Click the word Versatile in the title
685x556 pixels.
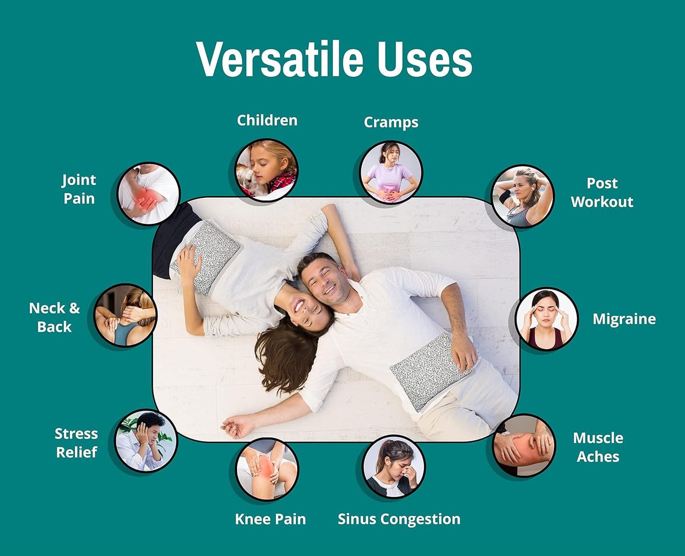point(280,59)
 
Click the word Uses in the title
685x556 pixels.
point(425,59)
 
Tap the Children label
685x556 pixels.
point(267,120)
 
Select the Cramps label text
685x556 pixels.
point(391,122)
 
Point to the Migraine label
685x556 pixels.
point(624,319)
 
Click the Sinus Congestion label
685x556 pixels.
point(399,519)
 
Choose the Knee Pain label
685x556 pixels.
point(270,519)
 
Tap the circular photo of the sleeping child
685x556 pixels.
point(267,170)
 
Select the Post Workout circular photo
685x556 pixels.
point(522,196)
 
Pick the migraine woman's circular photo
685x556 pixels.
point(547,319)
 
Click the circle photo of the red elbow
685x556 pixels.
point(148,194)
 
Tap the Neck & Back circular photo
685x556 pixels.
point(125,315)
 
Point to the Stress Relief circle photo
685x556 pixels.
point(146,441)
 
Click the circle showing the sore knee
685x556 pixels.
point(267,469)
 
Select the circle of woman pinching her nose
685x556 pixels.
point(393,467)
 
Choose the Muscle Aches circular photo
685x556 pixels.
point(523,445)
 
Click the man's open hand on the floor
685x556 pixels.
point(237,426)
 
